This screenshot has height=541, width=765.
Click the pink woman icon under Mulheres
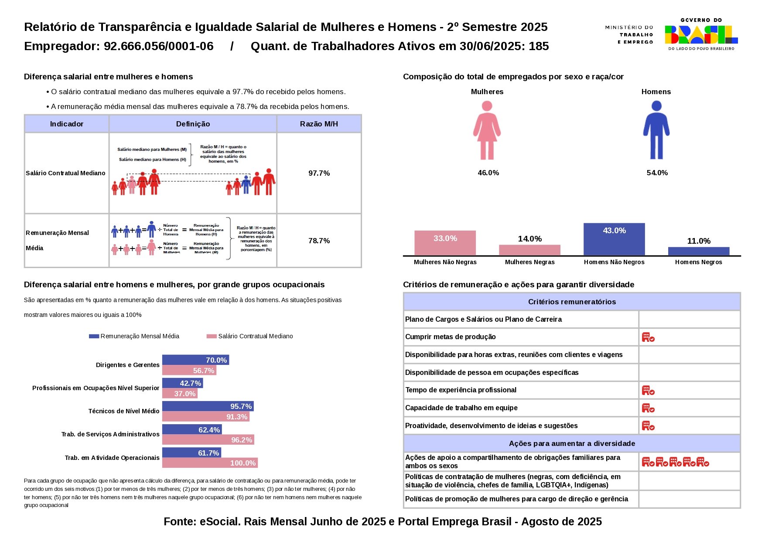point(487,130)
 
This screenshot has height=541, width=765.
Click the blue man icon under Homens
point(656,130)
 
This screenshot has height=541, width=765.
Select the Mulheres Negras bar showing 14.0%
point(529,250)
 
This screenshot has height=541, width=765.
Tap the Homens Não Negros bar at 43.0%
point(614,239)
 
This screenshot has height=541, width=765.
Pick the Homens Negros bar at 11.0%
point(698,251)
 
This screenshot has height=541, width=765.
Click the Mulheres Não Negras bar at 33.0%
point(445,243)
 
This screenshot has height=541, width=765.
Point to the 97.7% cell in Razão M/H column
point(319,173)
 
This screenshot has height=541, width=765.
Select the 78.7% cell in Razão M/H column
point(319,241)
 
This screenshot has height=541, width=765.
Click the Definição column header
point(193,124)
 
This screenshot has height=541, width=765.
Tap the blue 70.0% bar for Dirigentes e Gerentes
point(195,360)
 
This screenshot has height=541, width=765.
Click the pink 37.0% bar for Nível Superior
point(180,394)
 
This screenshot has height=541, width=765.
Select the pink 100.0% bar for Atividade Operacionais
point(210,463)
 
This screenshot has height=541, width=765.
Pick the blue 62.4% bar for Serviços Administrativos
point(192,430)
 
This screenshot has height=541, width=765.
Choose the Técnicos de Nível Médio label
point(124,411)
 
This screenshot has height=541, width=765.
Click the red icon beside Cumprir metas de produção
point(648,337)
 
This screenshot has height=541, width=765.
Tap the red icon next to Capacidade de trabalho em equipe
point(648,408)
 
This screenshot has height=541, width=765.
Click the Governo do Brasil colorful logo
point(701,34)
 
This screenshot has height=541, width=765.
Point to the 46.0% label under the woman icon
point(488,173)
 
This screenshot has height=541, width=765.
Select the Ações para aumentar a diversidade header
point(572,443)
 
